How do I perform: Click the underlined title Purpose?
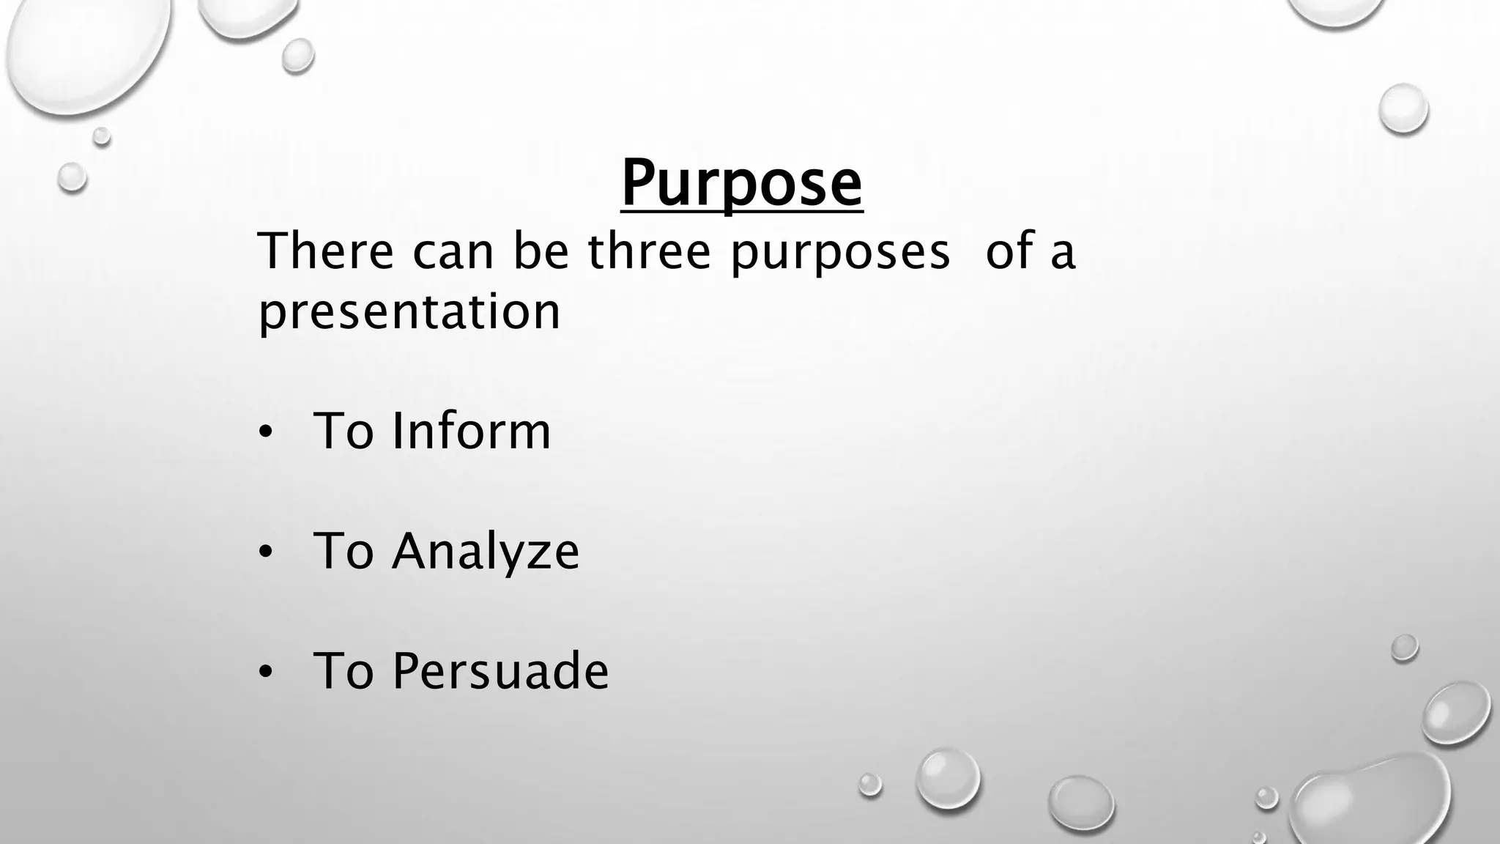point(741,183)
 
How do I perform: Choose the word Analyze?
point(485,552)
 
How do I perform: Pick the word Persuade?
point(500,670)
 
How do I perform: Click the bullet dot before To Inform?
point(265,433)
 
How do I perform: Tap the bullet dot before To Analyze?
point(265,553)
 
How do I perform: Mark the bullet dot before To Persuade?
point(265,672)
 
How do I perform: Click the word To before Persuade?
point(343,670)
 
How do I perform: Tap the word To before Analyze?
point(343,551)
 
